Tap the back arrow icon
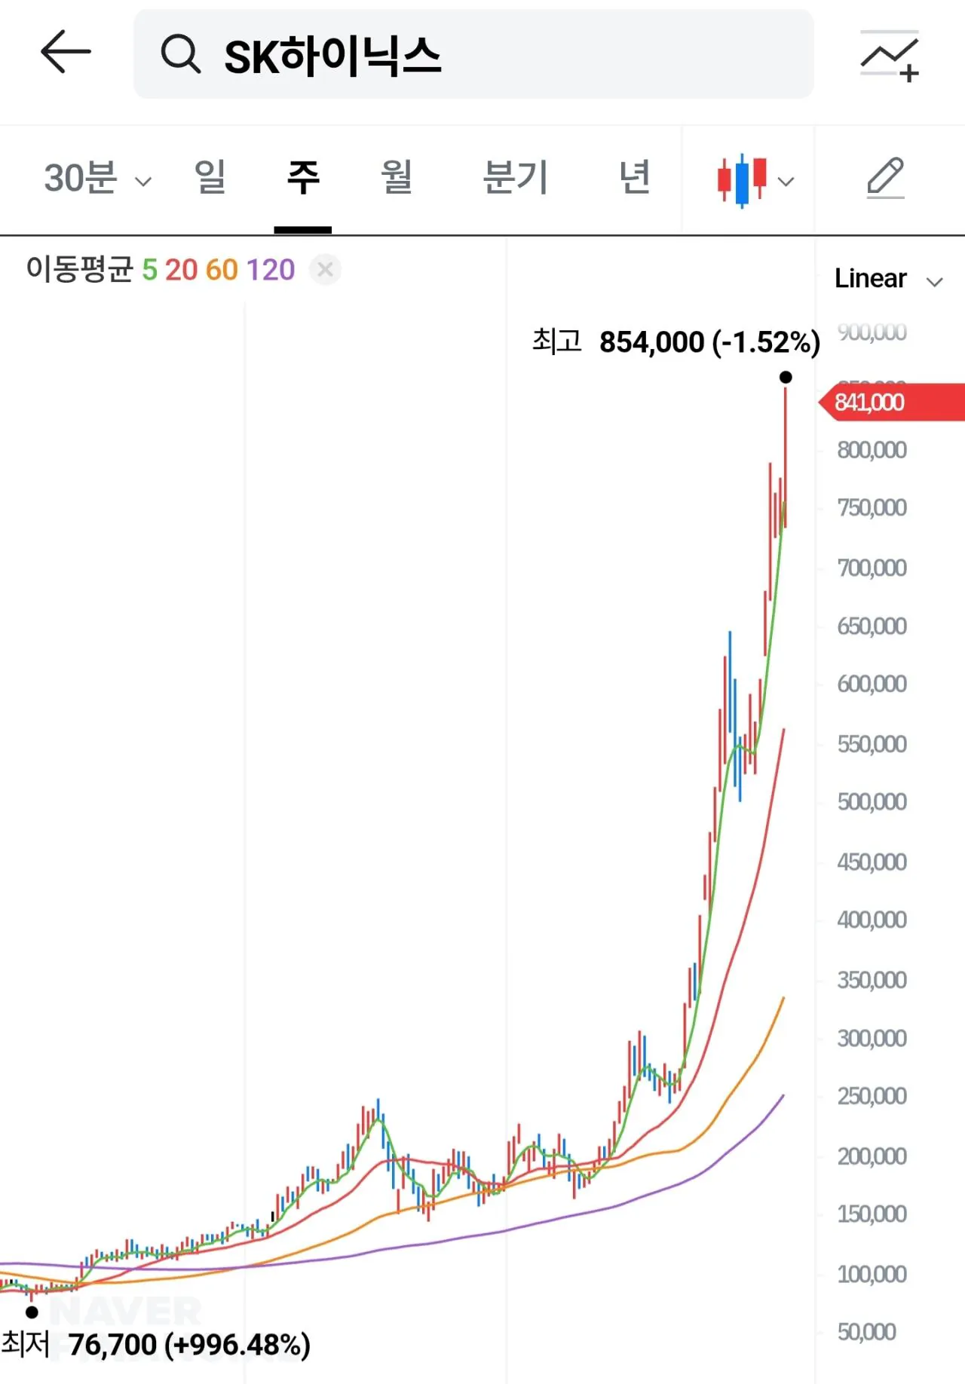[66, 52]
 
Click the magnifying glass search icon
[180, 54]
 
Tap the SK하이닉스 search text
[332, 57]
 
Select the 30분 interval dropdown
[97, 179]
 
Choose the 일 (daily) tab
[210, 177]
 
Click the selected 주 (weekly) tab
[303, 178]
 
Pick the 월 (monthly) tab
[396, 177]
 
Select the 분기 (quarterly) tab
[515, 178]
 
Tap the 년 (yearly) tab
[634, 177]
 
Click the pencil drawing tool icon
[885, 178]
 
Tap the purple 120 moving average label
[270, 270]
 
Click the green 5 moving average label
[149, 270]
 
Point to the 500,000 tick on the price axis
[872, 801]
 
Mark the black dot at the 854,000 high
[786, 377]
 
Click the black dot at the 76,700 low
[32, 1312]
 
